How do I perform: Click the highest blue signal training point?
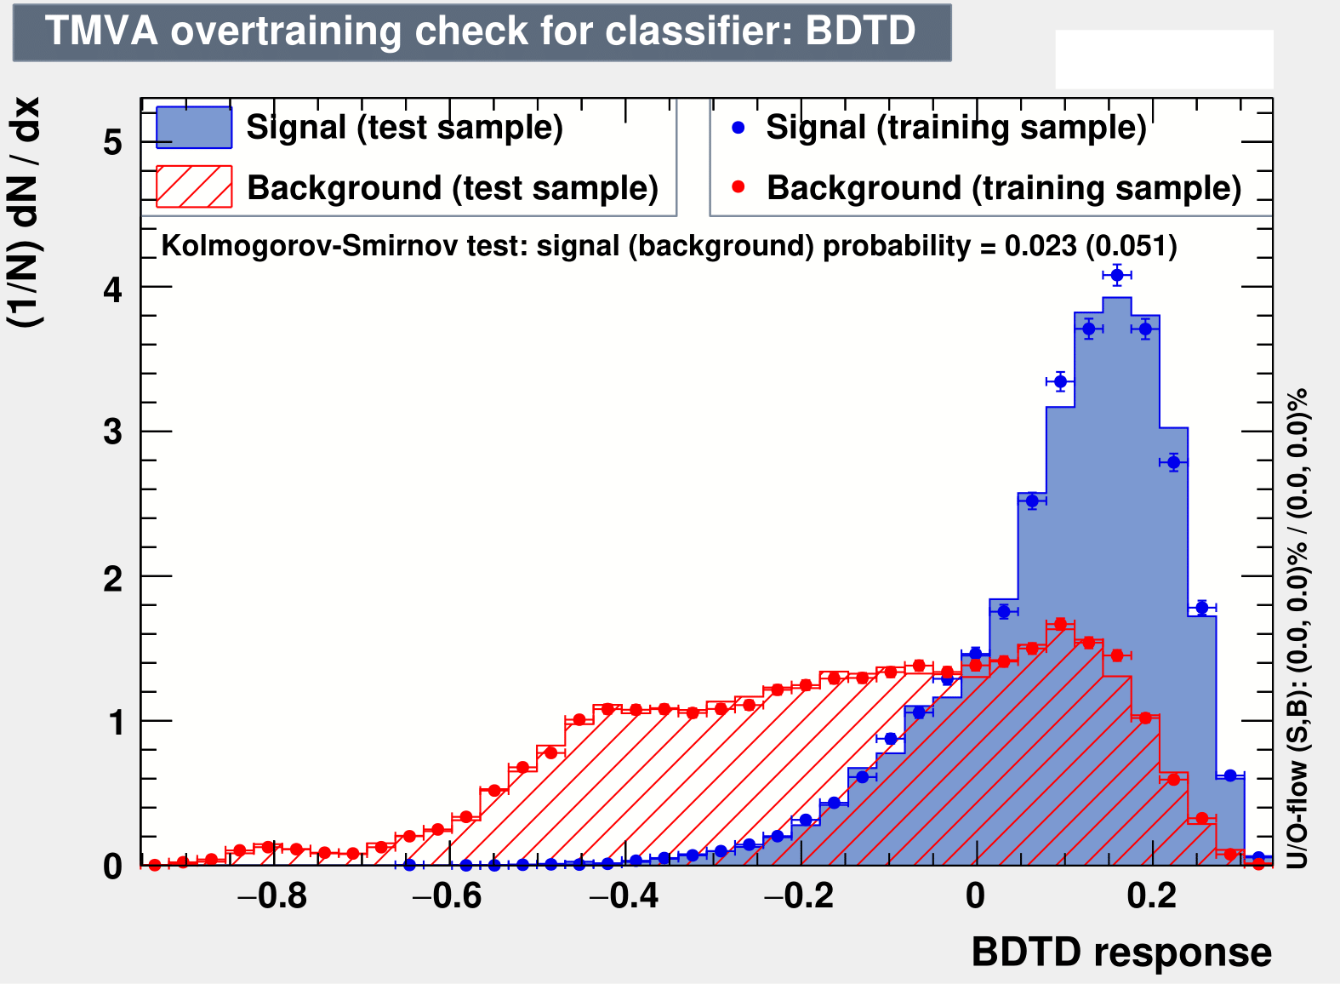(1117, 275)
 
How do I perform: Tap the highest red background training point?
(1061, 624)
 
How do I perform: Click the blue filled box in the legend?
(194, 128)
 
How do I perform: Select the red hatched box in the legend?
(194, 186)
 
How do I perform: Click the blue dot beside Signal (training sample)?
(738, 128)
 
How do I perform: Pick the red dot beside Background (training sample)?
(738, 187)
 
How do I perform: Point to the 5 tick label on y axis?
(112, 143)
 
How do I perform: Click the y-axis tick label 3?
(112, 432)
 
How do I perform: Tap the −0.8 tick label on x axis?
(272, 897)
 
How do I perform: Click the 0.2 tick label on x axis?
(1152, 897)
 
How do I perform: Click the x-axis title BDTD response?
(1121, 952)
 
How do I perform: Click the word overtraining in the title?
(286, 31)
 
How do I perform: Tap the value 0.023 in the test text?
(1041, 246)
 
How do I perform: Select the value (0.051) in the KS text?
(1132, 246)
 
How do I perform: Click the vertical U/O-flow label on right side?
(1297, 628)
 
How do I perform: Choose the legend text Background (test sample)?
(453, 188)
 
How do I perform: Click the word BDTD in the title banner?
(860, 31)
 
